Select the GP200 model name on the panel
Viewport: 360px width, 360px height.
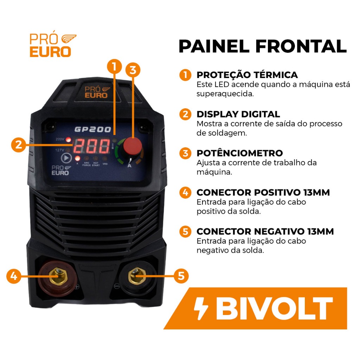93,129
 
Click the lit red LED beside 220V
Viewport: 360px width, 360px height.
68,140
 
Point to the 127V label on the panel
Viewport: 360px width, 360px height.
60,150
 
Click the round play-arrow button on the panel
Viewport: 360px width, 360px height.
66,158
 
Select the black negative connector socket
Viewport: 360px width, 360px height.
137,276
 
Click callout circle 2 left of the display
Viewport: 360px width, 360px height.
19,144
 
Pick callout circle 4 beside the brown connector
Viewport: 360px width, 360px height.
14,276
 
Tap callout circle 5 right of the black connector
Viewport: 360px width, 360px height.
181,276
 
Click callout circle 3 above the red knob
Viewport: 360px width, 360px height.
133,70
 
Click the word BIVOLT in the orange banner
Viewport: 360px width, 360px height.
274,308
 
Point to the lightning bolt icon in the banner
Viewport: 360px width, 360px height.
200,308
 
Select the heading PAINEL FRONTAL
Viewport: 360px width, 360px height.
263,46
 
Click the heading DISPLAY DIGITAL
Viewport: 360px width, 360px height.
238,114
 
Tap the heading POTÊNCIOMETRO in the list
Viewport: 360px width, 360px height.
240,153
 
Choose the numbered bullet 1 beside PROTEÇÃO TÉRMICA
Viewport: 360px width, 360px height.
185,75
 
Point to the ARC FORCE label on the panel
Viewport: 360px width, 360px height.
86,164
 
